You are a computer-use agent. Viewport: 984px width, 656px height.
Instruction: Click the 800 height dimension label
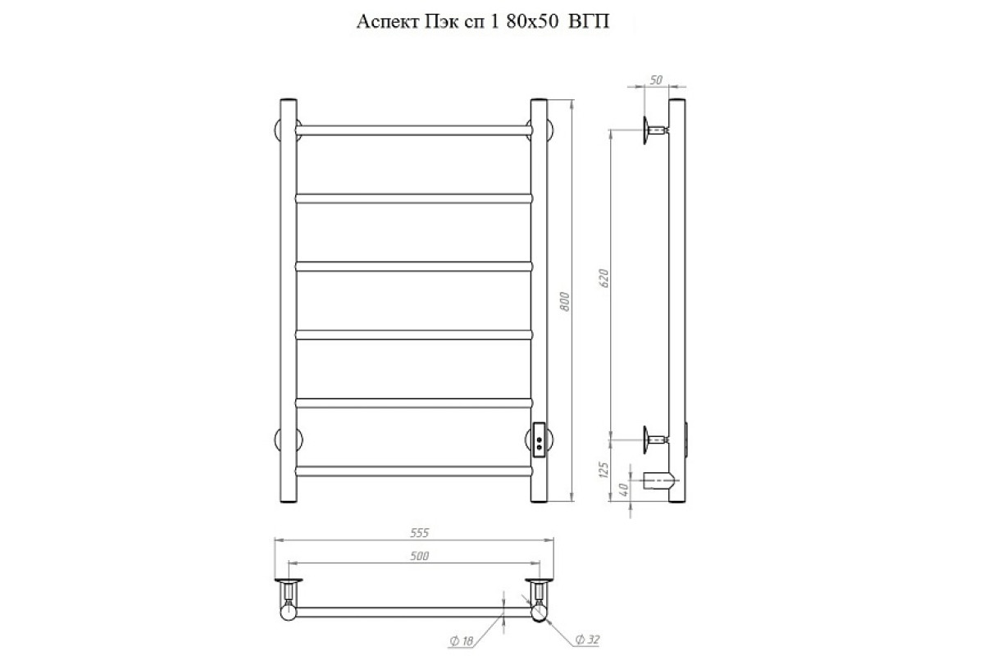(x=565, y=302)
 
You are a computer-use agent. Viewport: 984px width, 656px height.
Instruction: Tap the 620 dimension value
(x=604, y=278)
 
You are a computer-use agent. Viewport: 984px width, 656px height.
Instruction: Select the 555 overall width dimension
(x=419, y=533)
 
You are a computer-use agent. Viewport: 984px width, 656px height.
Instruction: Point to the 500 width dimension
(x=419, y=556)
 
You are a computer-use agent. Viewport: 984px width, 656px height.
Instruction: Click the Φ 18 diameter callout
(x=461, y=641)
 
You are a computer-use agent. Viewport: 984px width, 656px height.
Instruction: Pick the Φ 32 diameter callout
(x=587, y=640)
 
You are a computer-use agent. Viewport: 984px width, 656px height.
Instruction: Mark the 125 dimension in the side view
(x=604, y=470)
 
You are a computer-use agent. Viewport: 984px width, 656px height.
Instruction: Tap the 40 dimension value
(x=623, y=489)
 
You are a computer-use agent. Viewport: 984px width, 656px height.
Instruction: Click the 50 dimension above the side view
(x=655, y=80)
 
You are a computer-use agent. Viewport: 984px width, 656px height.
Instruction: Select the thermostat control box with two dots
(x=539, y=440)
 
